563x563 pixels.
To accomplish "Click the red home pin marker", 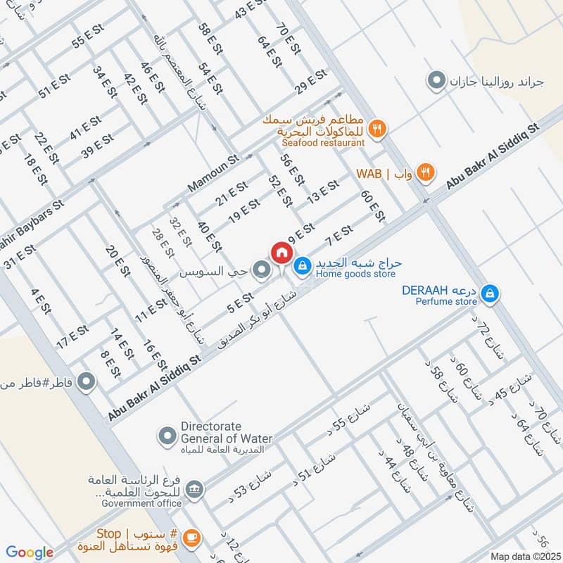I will [x=281, y=253].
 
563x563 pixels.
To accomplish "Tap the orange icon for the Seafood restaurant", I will [x=378, y=129].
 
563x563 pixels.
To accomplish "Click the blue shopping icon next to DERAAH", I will [x=491, y=292].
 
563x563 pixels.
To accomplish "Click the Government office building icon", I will [x=195, y=488].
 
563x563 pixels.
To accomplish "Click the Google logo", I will [x=30, y=552].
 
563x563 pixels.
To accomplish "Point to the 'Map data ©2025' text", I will [x=524, y=556].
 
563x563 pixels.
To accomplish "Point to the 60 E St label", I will [x=372, y=205].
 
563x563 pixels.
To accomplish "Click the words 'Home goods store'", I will [x=355, y=274].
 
